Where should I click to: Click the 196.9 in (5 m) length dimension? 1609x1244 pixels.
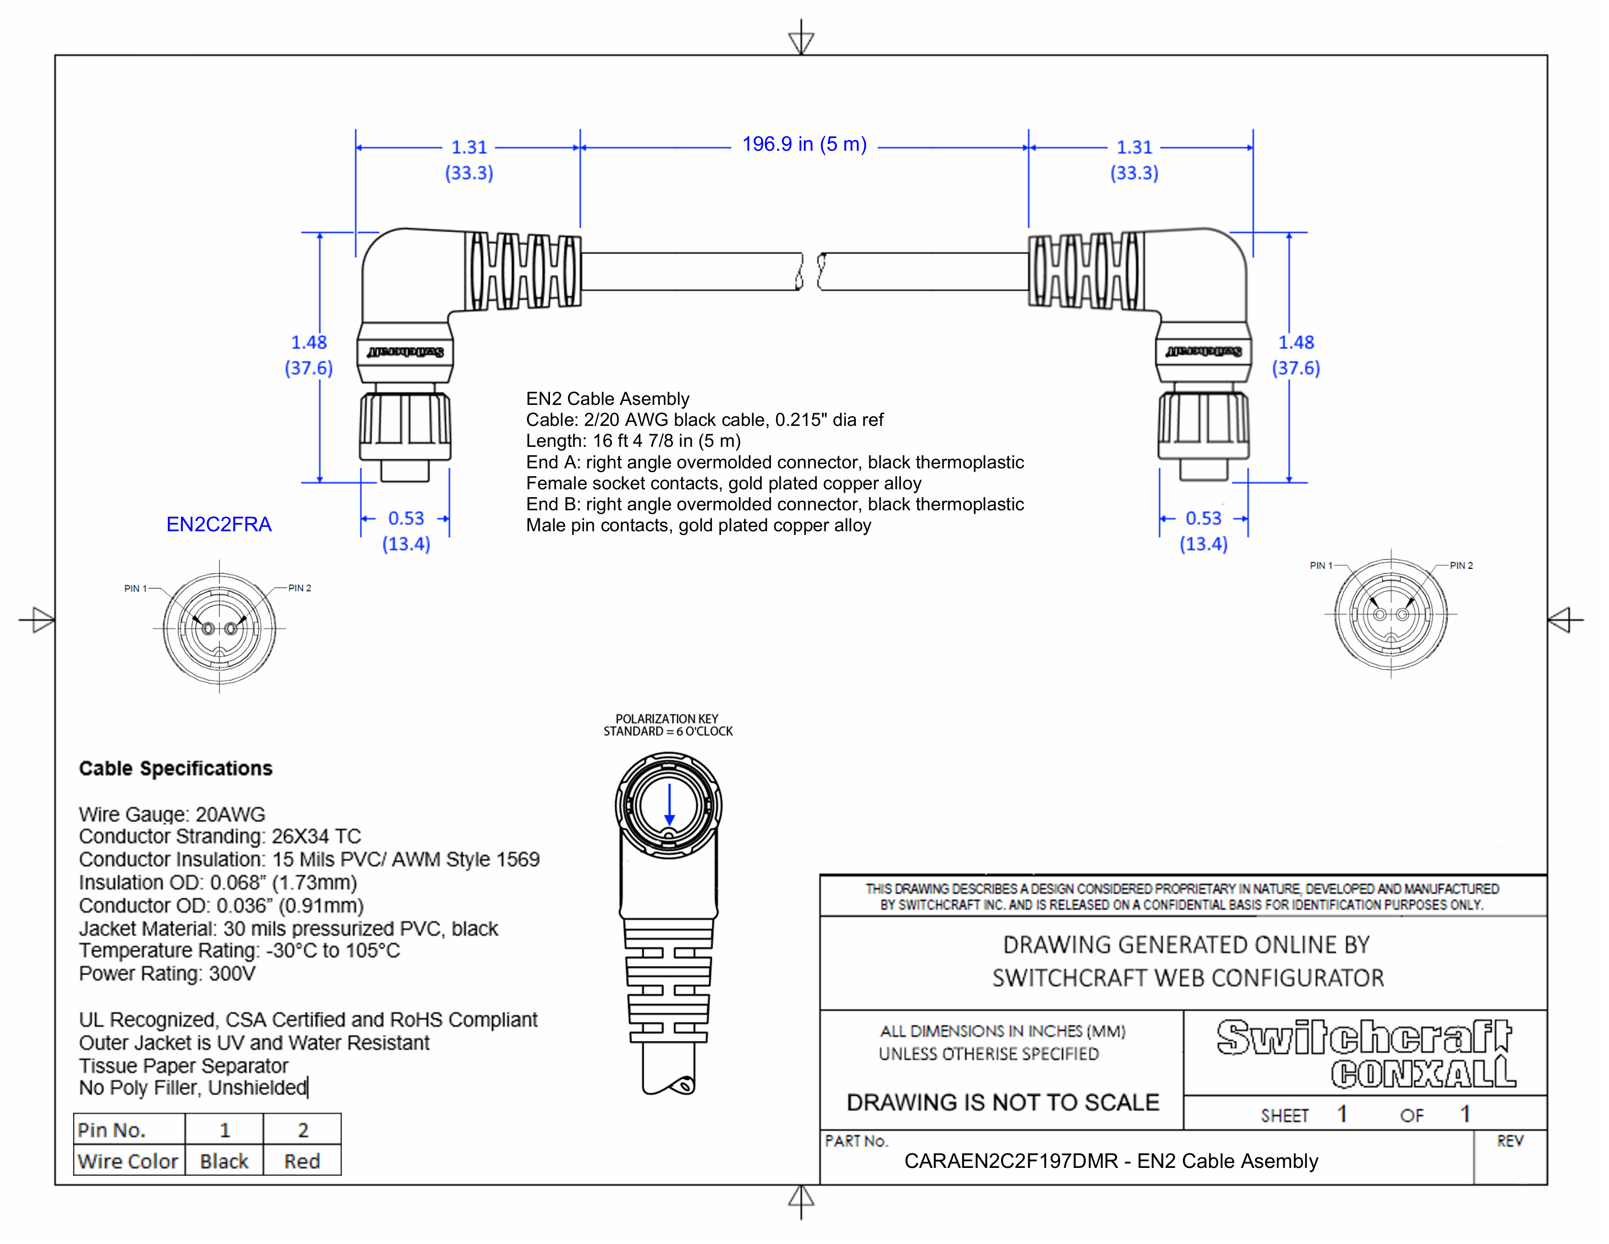804,144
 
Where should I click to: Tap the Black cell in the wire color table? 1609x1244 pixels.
224,1162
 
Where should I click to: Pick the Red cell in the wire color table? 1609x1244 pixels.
302,1162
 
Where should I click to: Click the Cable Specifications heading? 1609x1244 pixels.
176,769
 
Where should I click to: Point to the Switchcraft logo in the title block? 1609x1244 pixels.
1363,1038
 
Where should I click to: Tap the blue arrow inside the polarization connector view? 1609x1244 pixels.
669,805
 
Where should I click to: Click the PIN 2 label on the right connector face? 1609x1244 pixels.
1461,565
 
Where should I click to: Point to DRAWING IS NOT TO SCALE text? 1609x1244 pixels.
1002,1103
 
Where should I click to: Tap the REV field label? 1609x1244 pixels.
1510,1142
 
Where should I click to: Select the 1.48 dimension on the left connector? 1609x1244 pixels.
309,342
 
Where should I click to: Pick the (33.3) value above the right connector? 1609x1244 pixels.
1134,173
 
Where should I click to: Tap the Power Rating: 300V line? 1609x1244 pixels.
167,974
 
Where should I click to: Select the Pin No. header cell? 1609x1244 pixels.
112,1130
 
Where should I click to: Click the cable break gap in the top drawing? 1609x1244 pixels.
810,271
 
